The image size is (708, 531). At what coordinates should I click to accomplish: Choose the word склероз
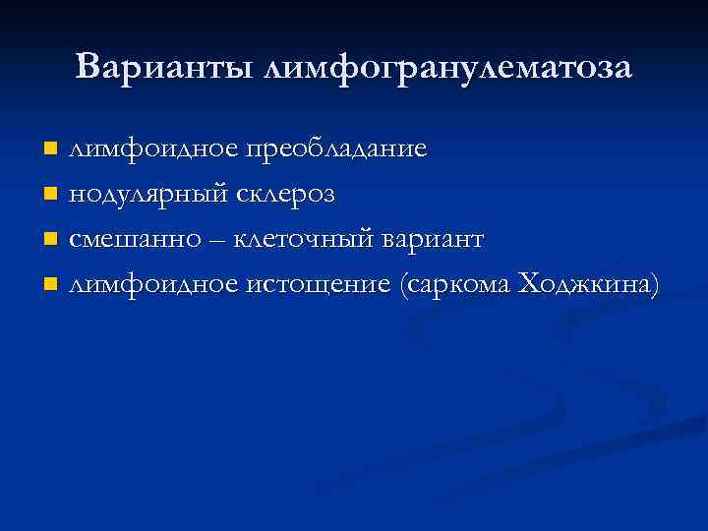click(x=286, y=195)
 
